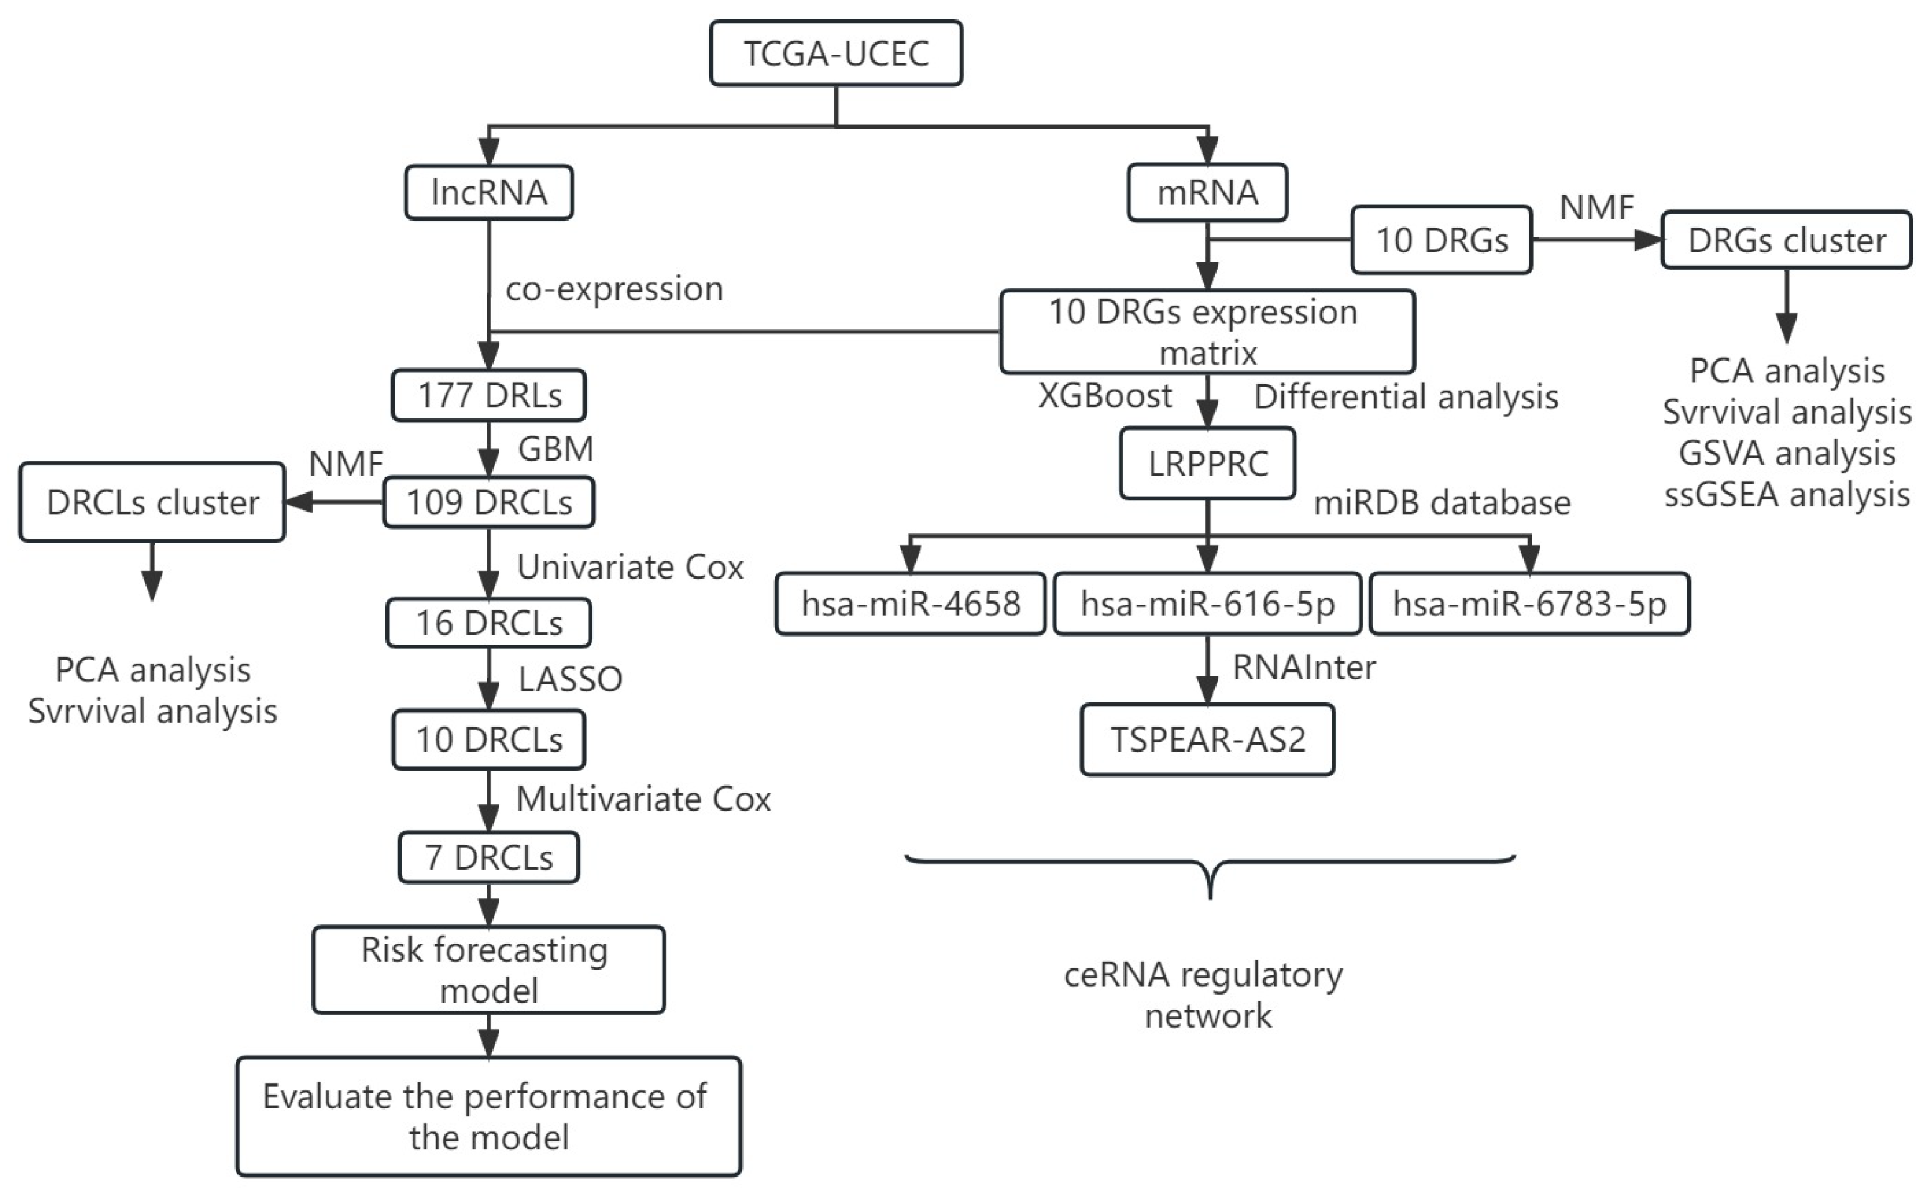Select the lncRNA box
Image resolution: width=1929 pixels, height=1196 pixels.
(489, 192)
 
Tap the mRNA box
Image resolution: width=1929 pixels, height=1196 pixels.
(1207, 192)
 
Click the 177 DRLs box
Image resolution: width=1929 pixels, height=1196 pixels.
(489, 395)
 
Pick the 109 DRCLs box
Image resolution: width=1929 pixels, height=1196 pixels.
(489, 502)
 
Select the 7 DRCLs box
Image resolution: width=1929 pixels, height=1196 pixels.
(489, 857)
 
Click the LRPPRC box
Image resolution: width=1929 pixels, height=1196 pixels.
(1207, 464)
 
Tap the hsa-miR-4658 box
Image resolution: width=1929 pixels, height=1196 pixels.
(910, 604)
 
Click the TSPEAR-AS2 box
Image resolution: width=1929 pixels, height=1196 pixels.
(1207, 740)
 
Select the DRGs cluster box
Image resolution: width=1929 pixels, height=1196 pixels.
(1786, 241)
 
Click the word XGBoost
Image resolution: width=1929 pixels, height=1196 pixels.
(1104, 395)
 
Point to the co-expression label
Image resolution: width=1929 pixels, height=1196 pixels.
(614, 288)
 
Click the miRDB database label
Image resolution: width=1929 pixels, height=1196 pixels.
(1441, 503)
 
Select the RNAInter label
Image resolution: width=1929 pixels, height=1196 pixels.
(1304, 668)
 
